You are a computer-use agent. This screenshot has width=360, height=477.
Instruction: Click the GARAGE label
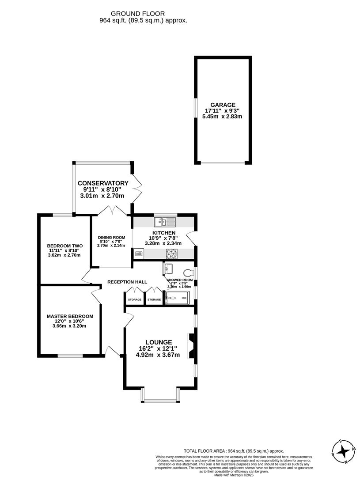pos(223,105)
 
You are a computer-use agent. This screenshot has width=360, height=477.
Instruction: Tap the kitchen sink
pos(165,221)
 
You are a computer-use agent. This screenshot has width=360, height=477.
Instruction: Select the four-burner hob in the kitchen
pos(171,254)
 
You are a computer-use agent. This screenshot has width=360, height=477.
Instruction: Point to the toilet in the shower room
pos(189,273)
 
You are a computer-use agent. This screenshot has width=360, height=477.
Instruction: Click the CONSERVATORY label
pos(103,183)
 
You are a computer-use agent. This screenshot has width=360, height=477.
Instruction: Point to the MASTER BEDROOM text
pos(70,316)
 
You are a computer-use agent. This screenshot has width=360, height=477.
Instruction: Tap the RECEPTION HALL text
pos(127,282)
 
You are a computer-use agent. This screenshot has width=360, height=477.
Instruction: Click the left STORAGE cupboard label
pos(135,300)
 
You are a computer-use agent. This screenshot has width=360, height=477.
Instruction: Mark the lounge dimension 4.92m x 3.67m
pos(158,354)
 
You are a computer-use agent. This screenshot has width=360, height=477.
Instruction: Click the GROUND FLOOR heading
pos(143,14)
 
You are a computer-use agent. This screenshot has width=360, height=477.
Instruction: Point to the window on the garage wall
pos(195,108)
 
